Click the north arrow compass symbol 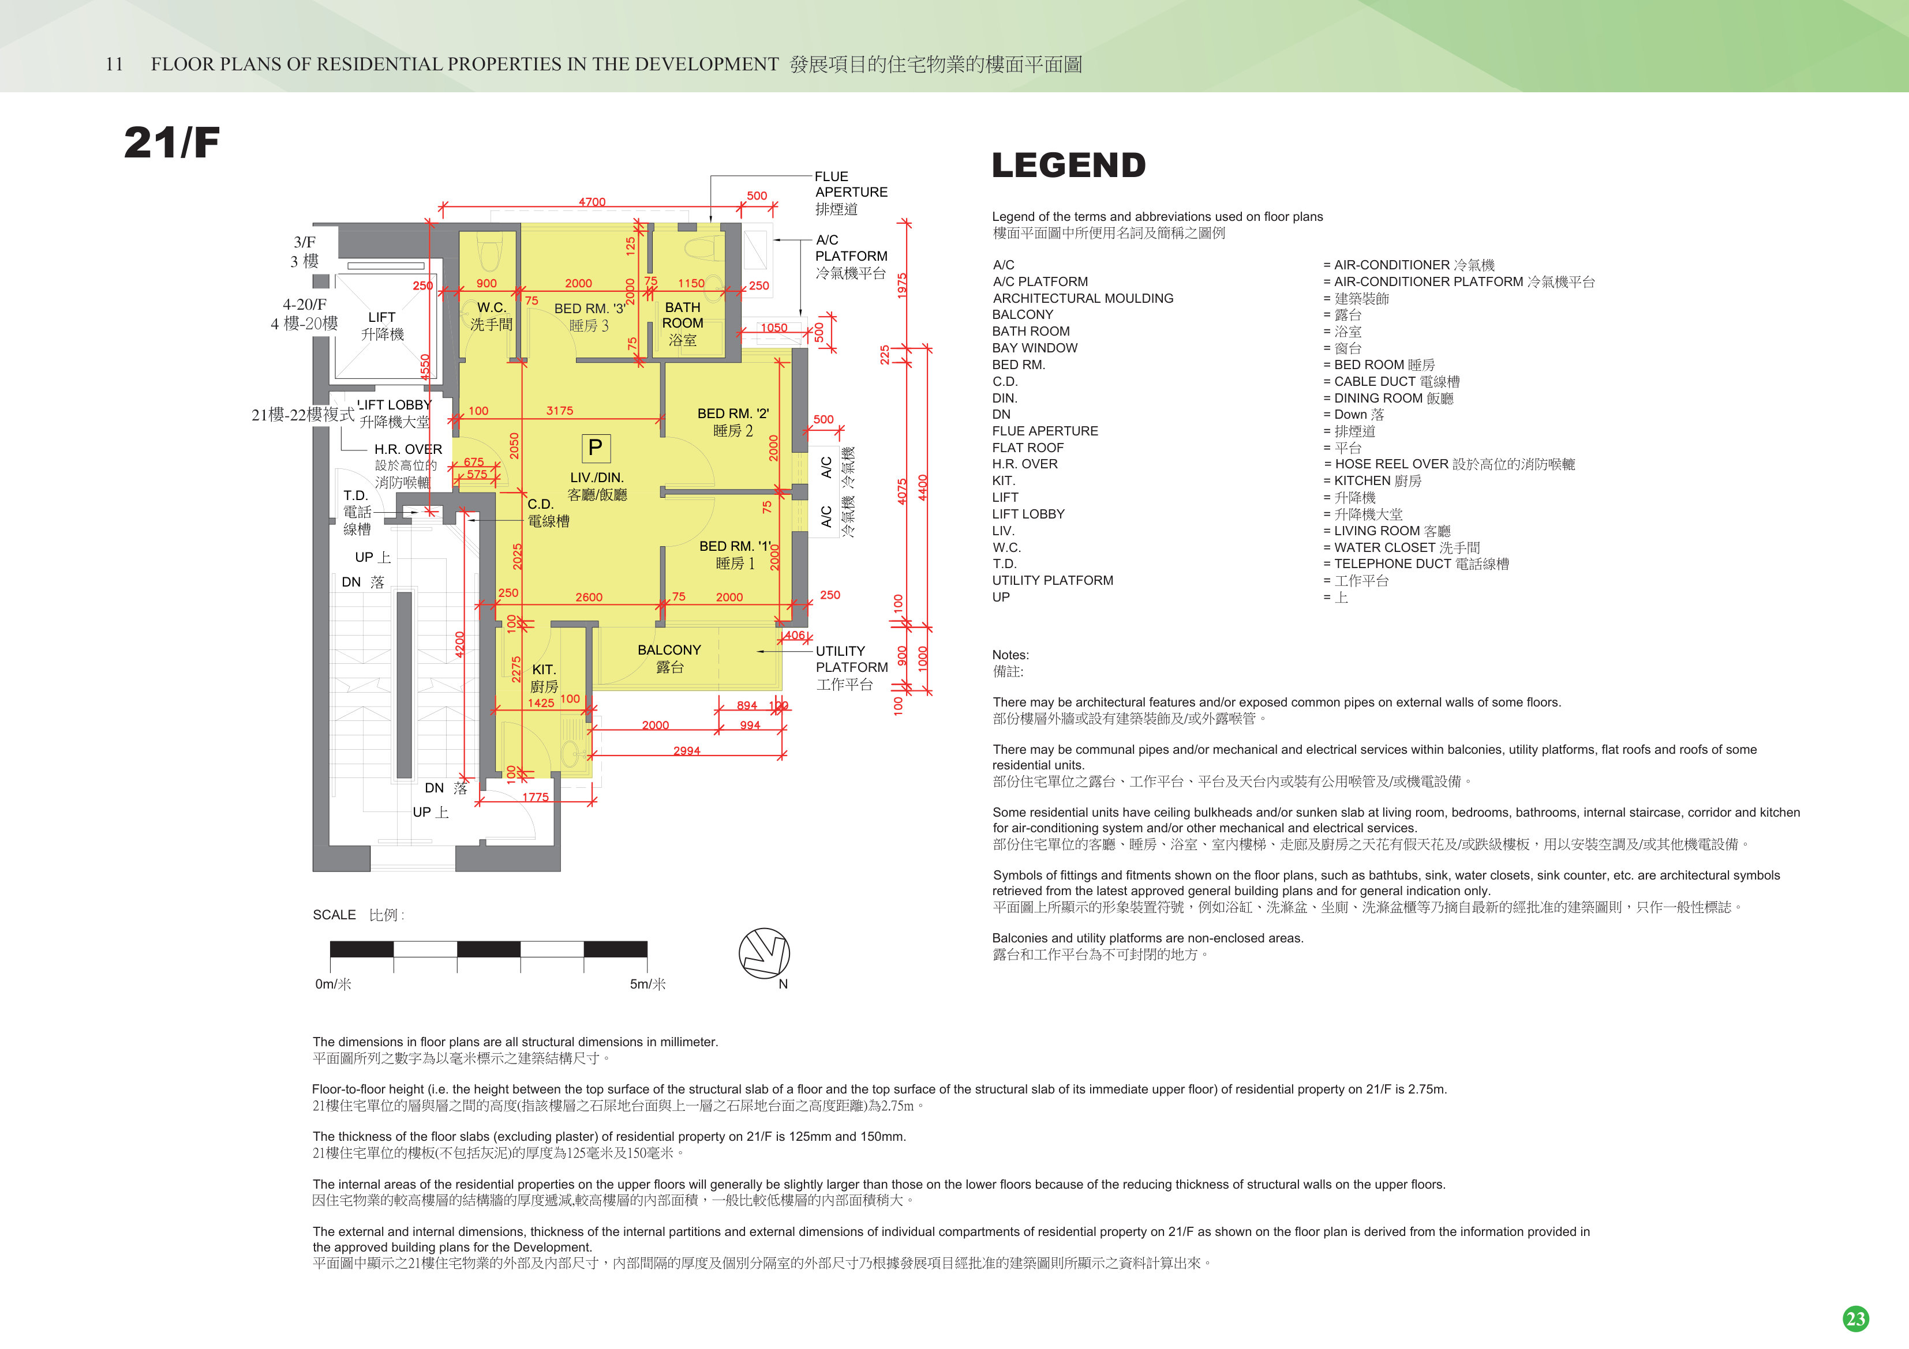[x=764, y=953]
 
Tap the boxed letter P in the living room [x=596, y=448]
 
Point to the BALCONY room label [x=669, y=650]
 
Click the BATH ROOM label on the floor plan [x=683, y=315]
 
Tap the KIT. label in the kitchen [x=544, y=669]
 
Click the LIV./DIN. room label [x=597, y=477]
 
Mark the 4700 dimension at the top [x=592, y=201]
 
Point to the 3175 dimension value [x=560, y=411]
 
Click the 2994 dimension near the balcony [x=687, y=750]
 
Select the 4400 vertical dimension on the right [x=923, y=487]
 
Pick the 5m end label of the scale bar [x=647, y=984]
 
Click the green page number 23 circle [x=1856, y=1318]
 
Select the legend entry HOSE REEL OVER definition [x=1455, y=464]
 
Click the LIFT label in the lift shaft [x=381, y=317]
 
